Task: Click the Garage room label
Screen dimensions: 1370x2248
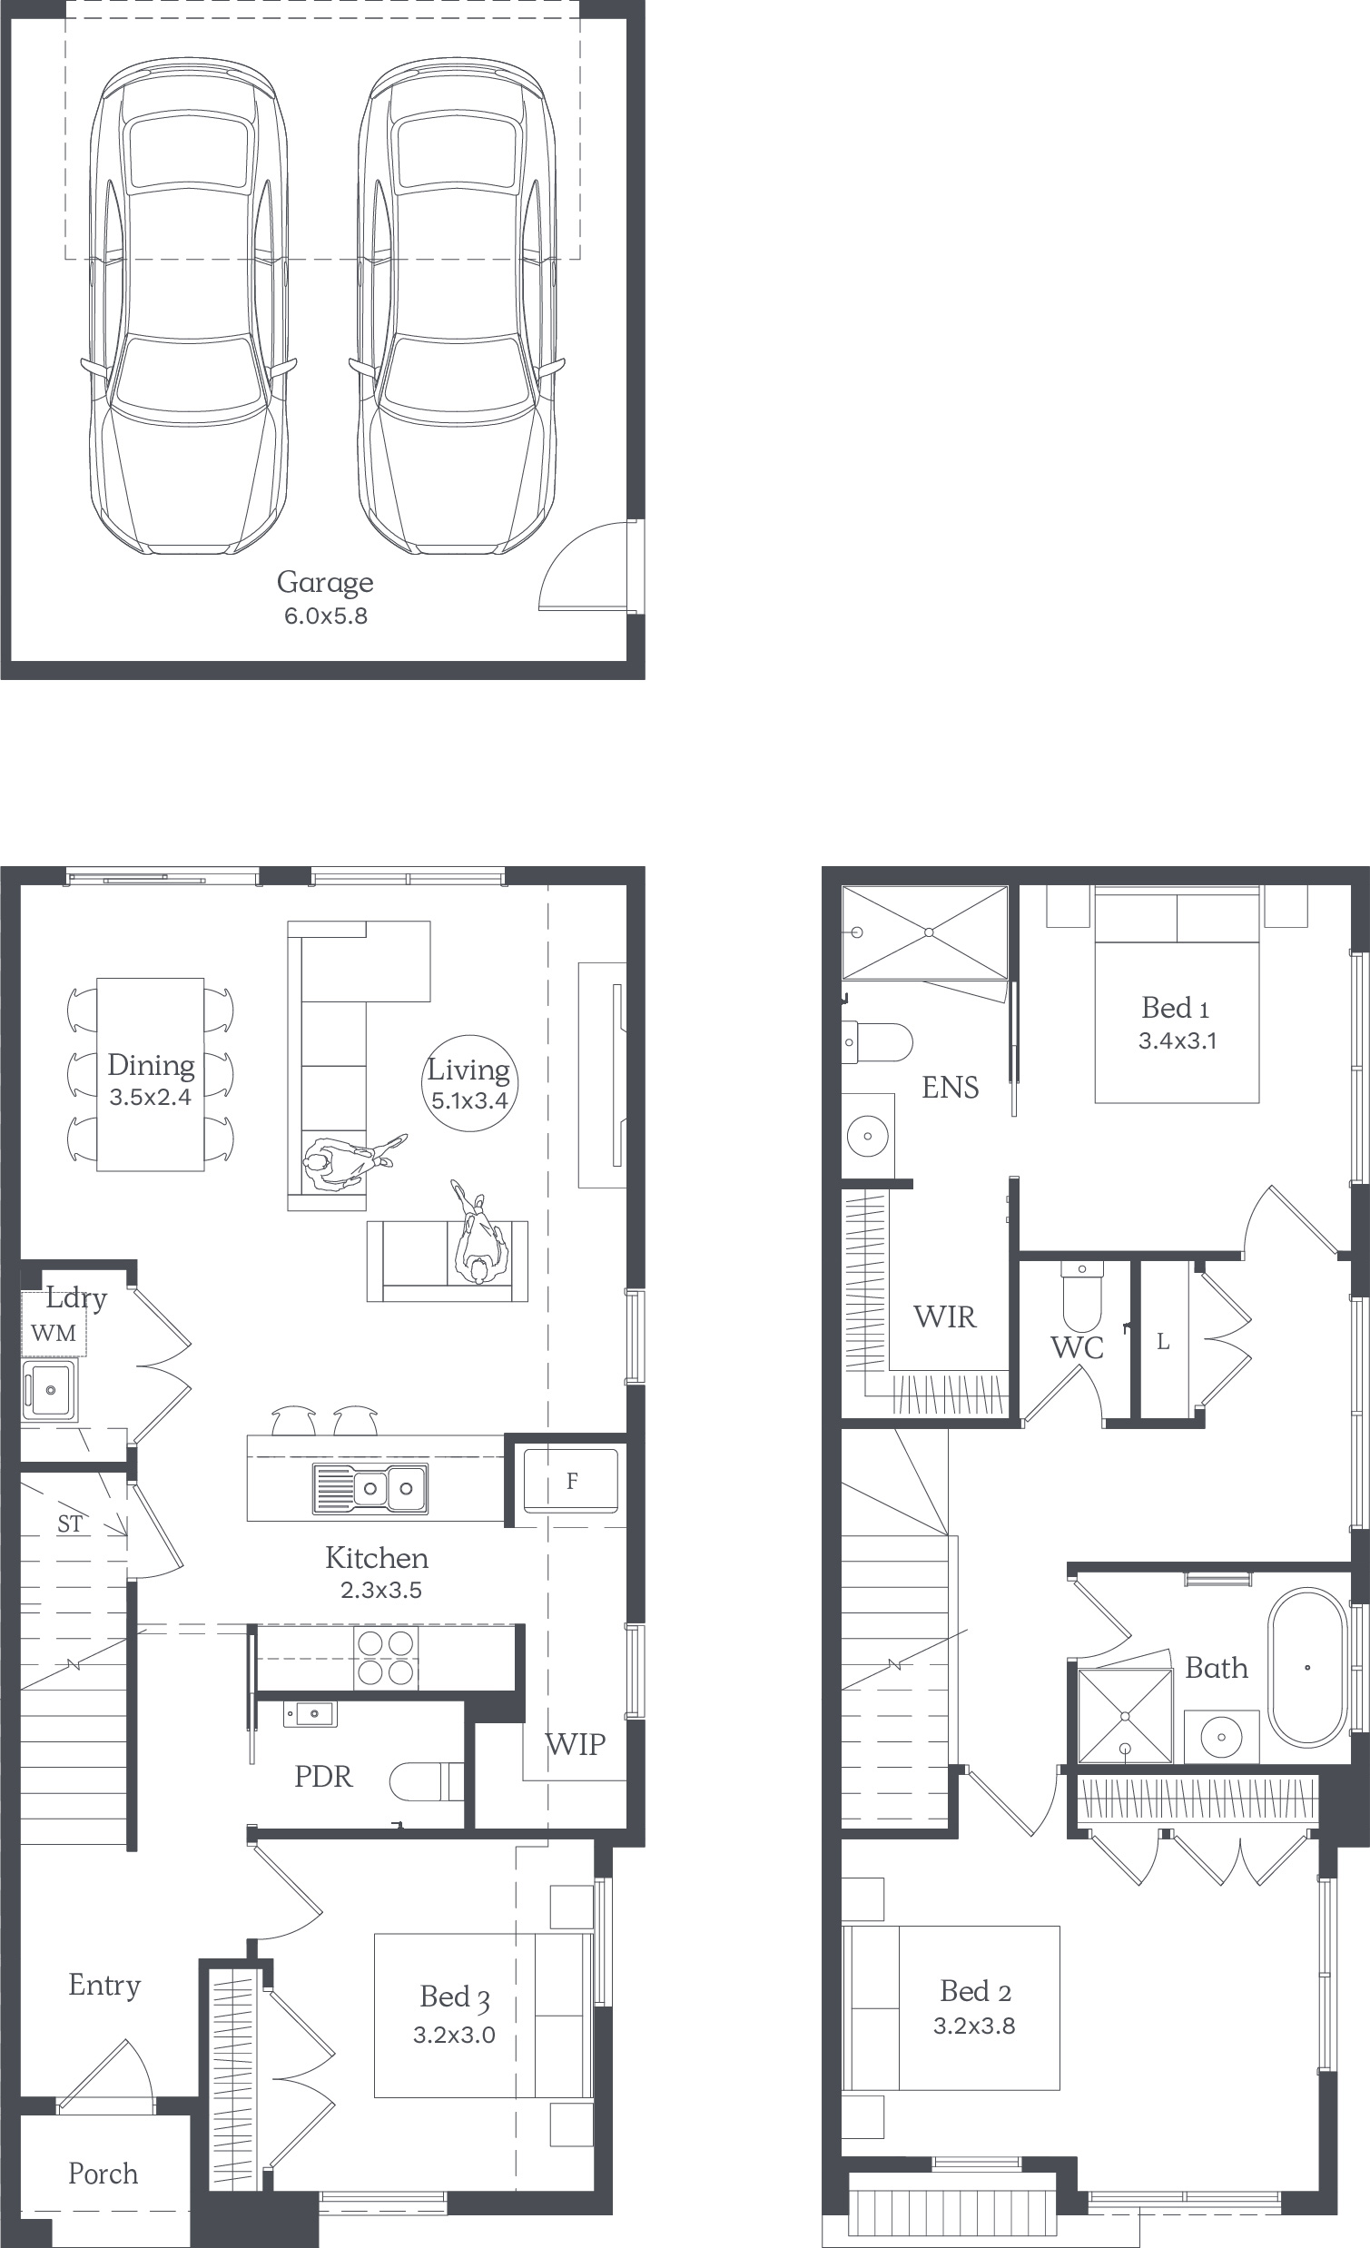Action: point(325,583)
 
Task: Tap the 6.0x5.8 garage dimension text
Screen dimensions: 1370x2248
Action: point(326,616)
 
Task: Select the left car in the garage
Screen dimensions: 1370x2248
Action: point(189,307)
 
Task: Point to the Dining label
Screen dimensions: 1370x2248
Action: point(151,1066)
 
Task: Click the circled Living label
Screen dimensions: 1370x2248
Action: point(468,1083)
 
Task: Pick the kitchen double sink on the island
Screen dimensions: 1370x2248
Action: point(370,1488)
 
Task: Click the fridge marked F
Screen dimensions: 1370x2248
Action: point(571,1481)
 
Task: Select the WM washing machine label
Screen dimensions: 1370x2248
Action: point(54,1333)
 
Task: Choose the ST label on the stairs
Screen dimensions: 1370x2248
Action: point(70,1523)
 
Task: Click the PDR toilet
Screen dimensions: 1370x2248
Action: point(427,1782)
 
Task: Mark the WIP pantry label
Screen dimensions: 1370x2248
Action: point(576,1744)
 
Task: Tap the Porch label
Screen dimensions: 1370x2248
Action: point(103,2174)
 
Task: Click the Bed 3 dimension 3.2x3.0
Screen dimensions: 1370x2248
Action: point(454,2035)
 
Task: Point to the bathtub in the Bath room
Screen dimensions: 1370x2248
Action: point(1307,1668)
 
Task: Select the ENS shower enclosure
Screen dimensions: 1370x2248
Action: point(925,932)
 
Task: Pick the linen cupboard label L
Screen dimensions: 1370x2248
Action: point(1163,1341)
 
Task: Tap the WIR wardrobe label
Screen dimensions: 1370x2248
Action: point(945,1316)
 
